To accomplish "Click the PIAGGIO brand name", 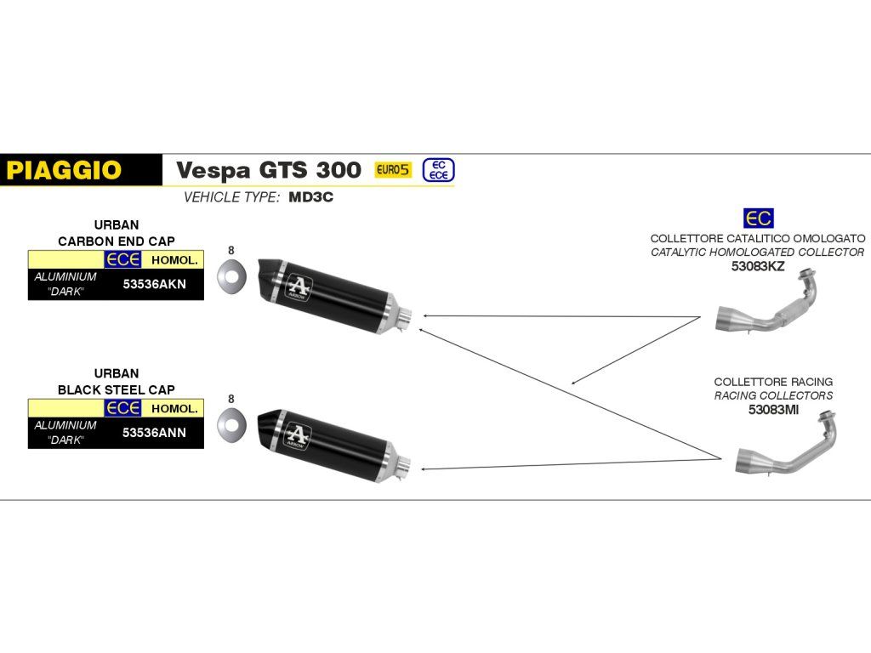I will click(64, 170).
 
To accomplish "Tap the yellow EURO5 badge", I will click(393, 169).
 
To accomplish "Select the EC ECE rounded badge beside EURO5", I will click(439, 169).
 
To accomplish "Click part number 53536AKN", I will click(154, 285).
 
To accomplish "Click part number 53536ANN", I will click(154, 432).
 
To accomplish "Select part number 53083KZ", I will click(757, 266).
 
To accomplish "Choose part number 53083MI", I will click(773, 409).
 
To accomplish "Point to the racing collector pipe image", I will click(786, 447).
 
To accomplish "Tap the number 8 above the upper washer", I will click(231, 250).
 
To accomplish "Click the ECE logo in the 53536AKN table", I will click(122, 260).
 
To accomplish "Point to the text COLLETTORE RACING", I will click(773, 382).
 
